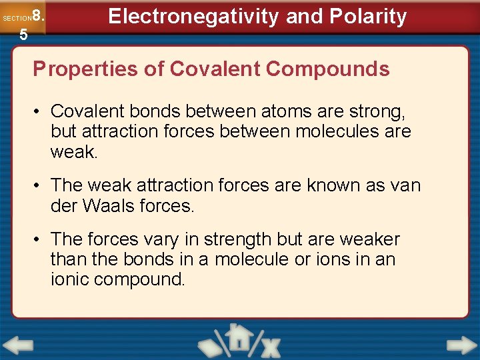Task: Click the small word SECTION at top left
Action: point(17,19)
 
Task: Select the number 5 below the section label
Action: point(23,35)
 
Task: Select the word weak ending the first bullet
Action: point(73,152)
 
